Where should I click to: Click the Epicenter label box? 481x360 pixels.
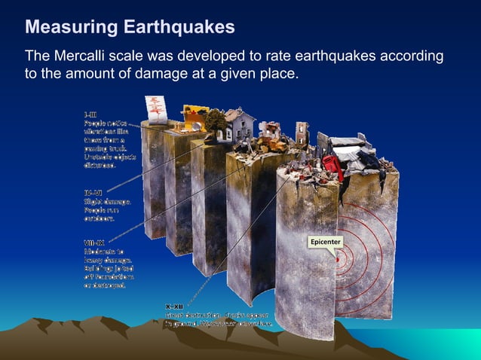point(323,242)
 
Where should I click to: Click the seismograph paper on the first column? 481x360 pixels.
point(157,109)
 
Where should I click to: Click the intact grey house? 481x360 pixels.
point(239,124)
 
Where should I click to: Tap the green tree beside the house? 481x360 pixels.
point(216,121)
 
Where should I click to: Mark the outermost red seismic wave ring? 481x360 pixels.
point(393,249)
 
